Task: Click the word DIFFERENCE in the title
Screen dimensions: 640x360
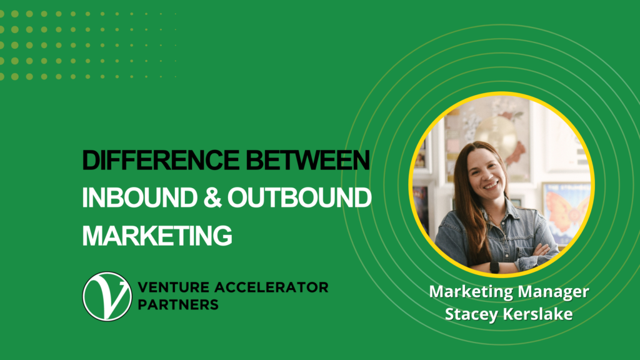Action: [161, 160]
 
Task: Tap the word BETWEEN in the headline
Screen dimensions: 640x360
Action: [307, 160]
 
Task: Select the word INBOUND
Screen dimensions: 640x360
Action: [139, 198]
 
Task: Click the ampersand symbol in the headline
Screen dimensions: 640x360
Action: [212, 198]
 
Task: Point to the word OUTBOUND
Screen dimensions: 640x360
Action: [299, 198]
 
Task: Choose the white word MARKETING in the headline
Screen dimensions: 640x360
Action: [157, 236]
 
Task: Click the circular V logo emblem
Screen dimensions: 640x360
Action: [107, 297]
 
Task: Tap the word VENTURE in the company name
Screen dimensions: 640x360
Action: [174, 287]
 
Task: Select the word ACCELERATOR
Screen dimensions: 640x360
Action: [271, 287]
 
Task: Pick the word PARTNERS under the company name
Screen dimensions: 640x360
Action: [178, 304]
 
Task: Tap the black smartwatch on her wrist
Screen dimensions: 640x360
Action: [494, 267]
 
